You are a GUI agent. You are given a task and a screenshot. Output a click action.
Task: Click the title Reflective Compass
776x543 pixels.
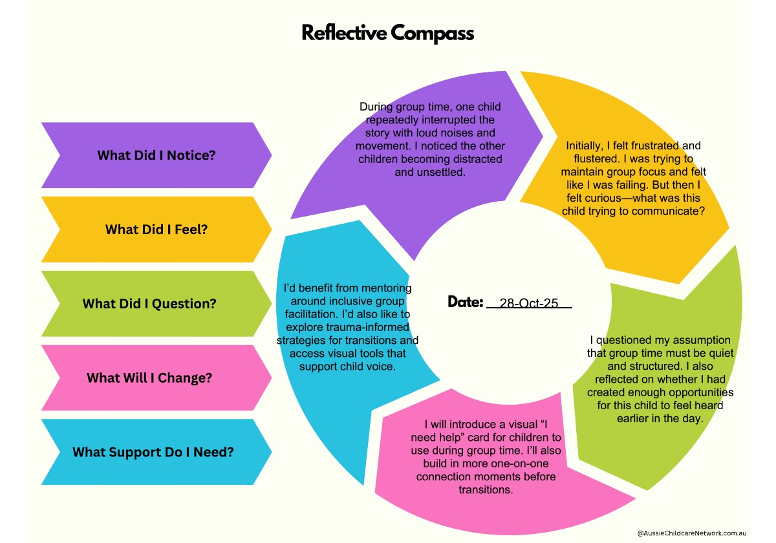387,33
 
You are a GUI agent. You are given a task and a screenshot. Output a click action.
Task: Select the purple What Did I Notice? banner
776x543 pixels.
156,155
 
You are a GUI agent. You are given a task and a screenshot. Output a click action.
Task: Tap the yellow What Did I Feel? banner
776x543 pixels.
156,229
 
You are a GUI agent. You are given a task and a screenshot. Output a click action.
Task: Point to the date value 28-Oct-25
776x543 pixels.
529,303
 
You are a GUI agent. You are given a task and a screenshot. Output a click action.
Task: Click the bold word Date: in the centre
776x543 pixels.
466,302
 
